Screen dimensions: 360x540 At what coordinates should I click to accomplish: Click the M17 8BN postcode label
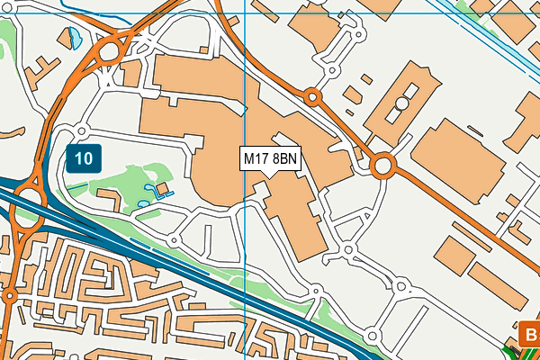point(271,159)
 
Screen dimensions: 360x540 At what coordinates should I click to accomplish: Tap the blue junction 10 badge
point(84,159)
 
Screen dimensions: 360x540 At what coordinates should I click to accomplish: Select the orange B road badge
point(530,336)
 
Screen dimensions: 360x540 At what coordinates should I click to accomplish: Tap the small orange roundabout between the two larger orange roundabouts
point(312,95)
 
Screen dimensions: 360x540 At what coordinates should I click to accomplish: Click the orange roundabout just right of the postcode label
point(383,166)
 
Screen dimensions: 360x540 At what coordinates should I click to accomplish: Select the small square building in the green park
point(163,188)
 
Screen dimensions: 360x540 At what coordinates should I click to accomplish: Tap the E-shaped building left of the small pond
point(39,67)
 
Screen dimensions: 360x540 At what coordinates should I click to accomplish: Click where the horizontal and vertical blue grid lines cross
point(245,13)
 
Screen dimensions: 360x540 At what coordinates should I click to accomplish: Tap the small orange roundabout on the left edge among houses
point(9,296)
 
